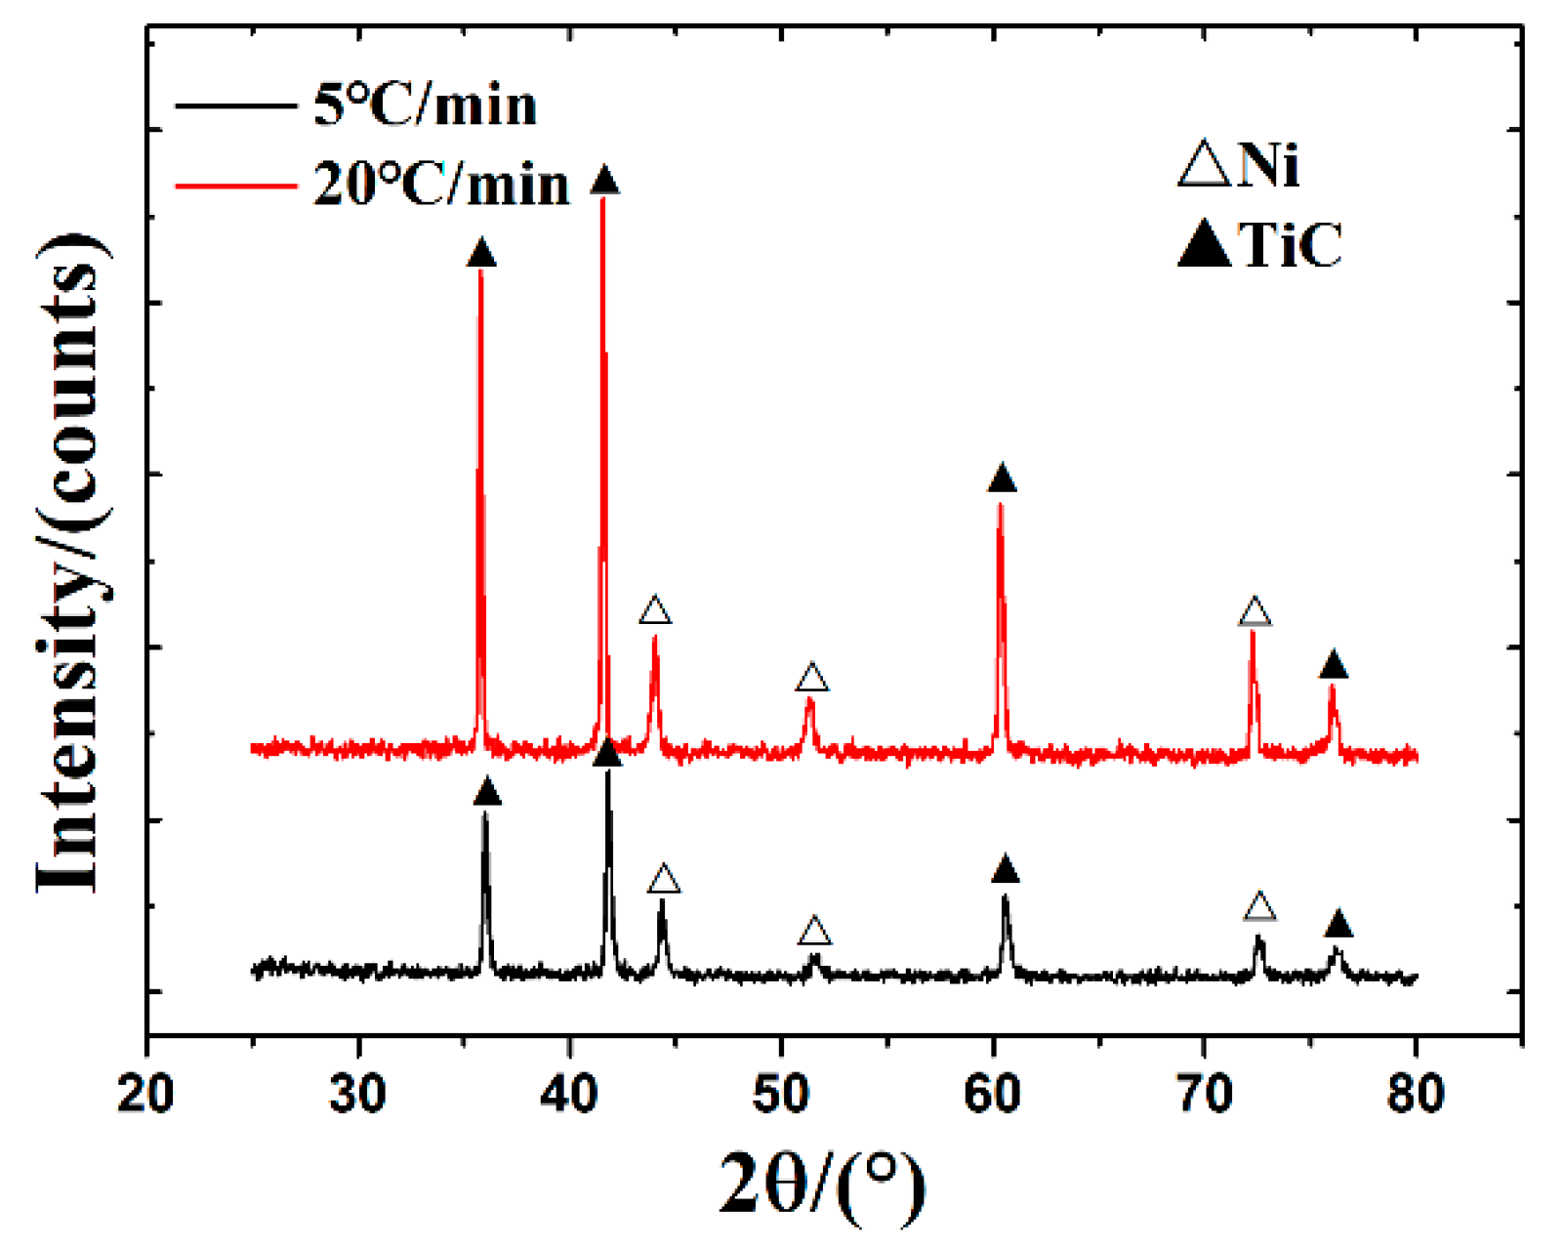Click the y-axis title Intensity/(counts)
point(70,563)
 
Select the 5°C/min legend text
point(425,104)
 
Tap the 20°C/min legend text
point(440,184)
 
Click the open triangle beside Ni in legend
point(1205,165)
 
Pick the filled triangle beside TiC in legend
point(1205,244)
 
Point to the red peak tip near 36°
point(479,272)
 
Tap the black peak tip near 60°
point(1005,896)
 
